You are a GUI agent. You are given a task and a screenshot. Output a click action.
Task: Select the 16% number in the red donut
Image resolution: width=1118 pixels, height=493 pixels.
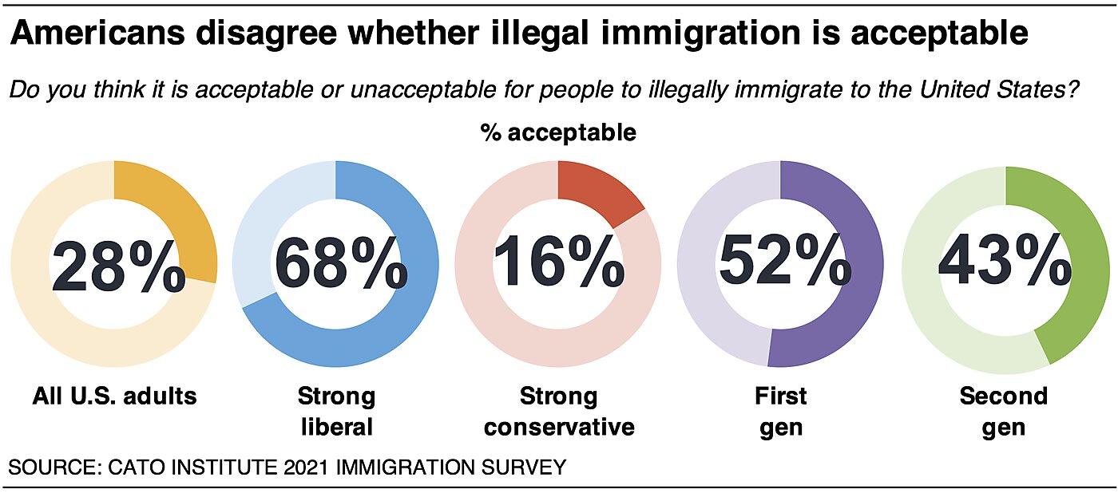(558, 266)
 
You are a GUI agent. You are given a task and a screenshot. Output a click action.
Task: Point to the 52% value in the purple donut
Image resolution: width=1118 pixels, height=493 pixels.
(784, 266)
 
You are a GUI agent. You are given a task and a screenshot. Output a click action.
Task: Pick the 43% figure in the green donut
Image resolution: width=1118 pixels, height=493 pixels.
(1005, 266)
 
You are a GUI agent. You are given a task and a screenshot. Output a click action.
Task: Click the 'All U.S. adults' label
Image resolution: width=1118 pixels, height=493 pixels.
(115, 396)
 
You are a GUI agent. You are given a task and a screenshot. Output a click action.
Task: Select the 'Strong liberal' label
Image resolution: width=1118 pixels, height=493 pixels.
(336, 411)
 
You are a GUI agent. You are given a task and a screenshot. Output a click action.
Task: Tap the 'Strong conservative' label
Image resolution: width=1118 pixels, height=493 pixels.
(559, 411)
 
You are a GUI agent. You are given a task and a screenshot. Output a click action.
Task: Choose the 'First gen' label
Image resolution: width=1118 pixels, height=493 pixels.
(781, 411)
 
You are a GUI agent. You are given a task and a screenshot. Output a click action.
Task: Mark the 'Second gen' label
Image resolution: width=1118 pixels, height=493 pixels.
(1003, 411)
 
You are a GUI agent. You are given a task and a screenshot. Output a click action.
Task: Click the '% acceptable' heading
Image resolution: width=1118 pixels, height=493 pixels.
(558, 132)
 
